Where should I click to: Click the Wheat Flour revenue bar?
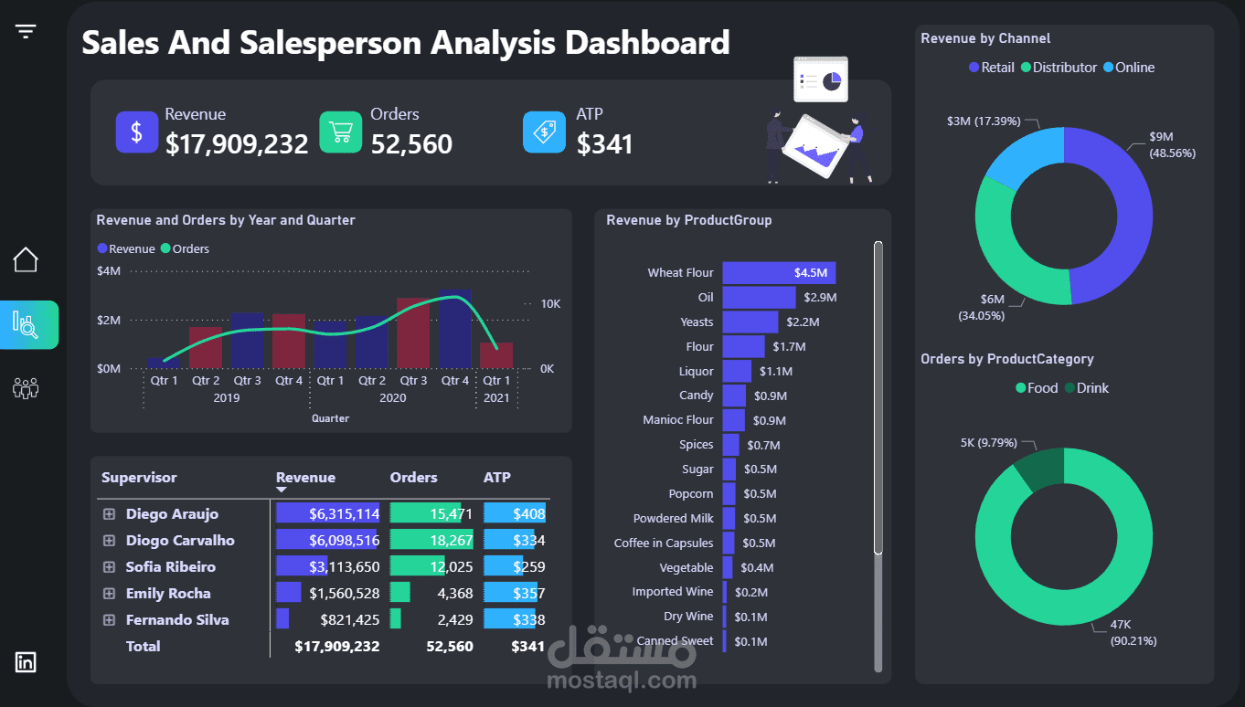click(x=778, y=273)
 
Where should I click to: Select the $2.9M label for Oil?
click(x=820, y=298)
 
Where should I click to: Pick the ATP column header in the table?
click(x=497, y=478)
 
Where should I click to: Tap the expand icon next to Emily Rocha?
click(x=109, y=594)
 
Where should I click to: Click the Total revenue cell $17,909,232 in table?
click(x=336, y=647)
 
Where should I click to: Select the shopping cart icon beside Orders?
click(x=341, y=132)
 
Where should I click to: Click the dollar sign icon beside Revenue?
click(x=137, y=132)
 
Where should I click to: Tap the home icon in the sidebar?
click(x=26, y=260)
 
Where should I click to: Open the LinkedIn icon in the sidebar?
click(x=26, y=662)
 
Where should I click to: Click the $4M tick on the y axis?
click(x=108, y=271)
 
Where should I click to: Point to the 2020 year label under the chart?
click(x=392, y=398)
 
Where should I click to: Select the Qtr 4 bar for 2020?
click(x=454, y=329)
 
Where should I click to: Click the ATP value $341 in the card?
click(x=604, y=143)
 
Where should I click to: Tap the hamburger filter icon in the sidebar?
click(x=26, y=32)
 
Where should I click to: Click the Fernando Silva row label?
click(x=177, y=620)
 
